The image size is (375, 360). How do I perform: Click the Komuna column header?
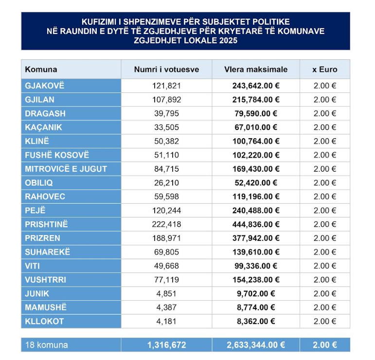click(x=41, y=69)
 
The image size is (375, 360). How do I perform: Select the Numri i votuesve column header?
click(x=166, y=69)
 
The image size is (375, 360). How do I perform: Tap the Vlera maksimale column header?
click(x=256, y=69)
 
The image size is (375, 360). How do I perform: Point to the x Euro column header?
click(x=324, y=69)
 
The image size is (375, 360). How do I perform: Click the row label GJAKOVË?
click(x=45, y=86)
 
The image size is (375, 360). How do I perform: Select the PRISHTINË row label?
click(x=47, y=224)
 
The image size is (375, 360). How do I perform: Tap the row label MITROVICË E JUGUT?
click(x=66, y=169)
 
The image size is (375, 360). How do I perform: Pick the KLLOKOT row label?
click(x=45, y=321)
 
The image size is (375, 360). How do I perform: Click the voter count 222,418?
click(x=166, y=224)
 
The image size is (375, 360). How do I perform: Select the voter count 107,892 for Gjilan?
click(x=166, y=100)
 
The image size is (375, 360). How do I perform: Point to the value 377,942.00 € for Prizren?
click(x=256, y=238)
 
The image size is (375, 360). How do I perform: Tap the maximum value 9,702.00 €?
click(x=256, y=293)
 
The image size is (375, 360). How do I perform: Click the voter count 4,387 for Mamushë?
click(x=166, y=307)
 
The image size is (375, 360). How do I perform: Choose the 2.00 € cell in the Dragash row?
click(x=324, y=113)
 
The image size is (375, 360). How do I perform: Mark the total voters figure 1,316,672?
click(x=166, y=345)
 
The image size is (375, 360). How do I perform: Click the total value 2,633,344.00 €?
click(x=256, y=345)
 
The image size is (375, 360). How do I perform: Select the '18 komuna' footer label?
click(x=47, y=345)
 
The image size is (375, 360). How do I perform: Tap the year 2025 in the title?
click(x=226, y=40)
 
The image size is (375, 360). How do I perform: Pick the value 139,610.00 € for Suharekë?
click(x=256, y=252)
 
